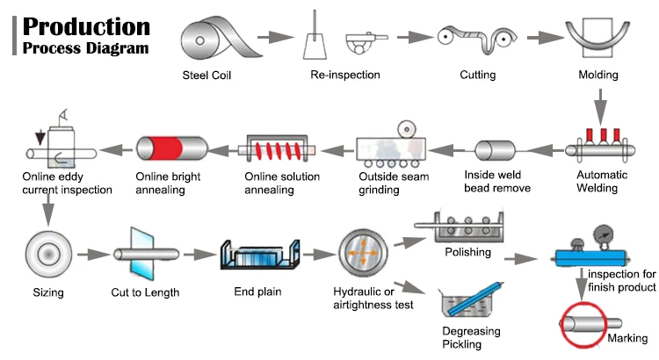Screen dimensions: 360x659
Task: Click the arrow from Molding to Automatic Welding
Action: [x=600, y=109]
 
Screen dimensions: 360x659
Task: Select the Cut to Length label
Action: [x=146, y=292]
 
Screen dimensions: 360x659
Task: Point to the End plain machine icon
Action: [x=257, y=255]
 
